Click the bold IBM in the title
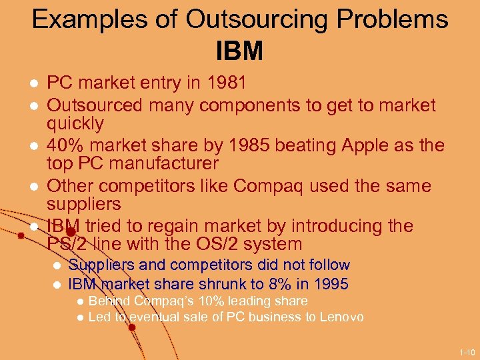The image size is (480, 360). [x=240, y=50]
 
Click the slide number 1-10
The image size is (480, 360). [x=467, y=351]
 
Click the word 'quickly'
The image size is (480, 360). [x=75, y=123]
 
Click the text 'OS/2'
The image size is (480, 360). [x=219, y=244]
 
